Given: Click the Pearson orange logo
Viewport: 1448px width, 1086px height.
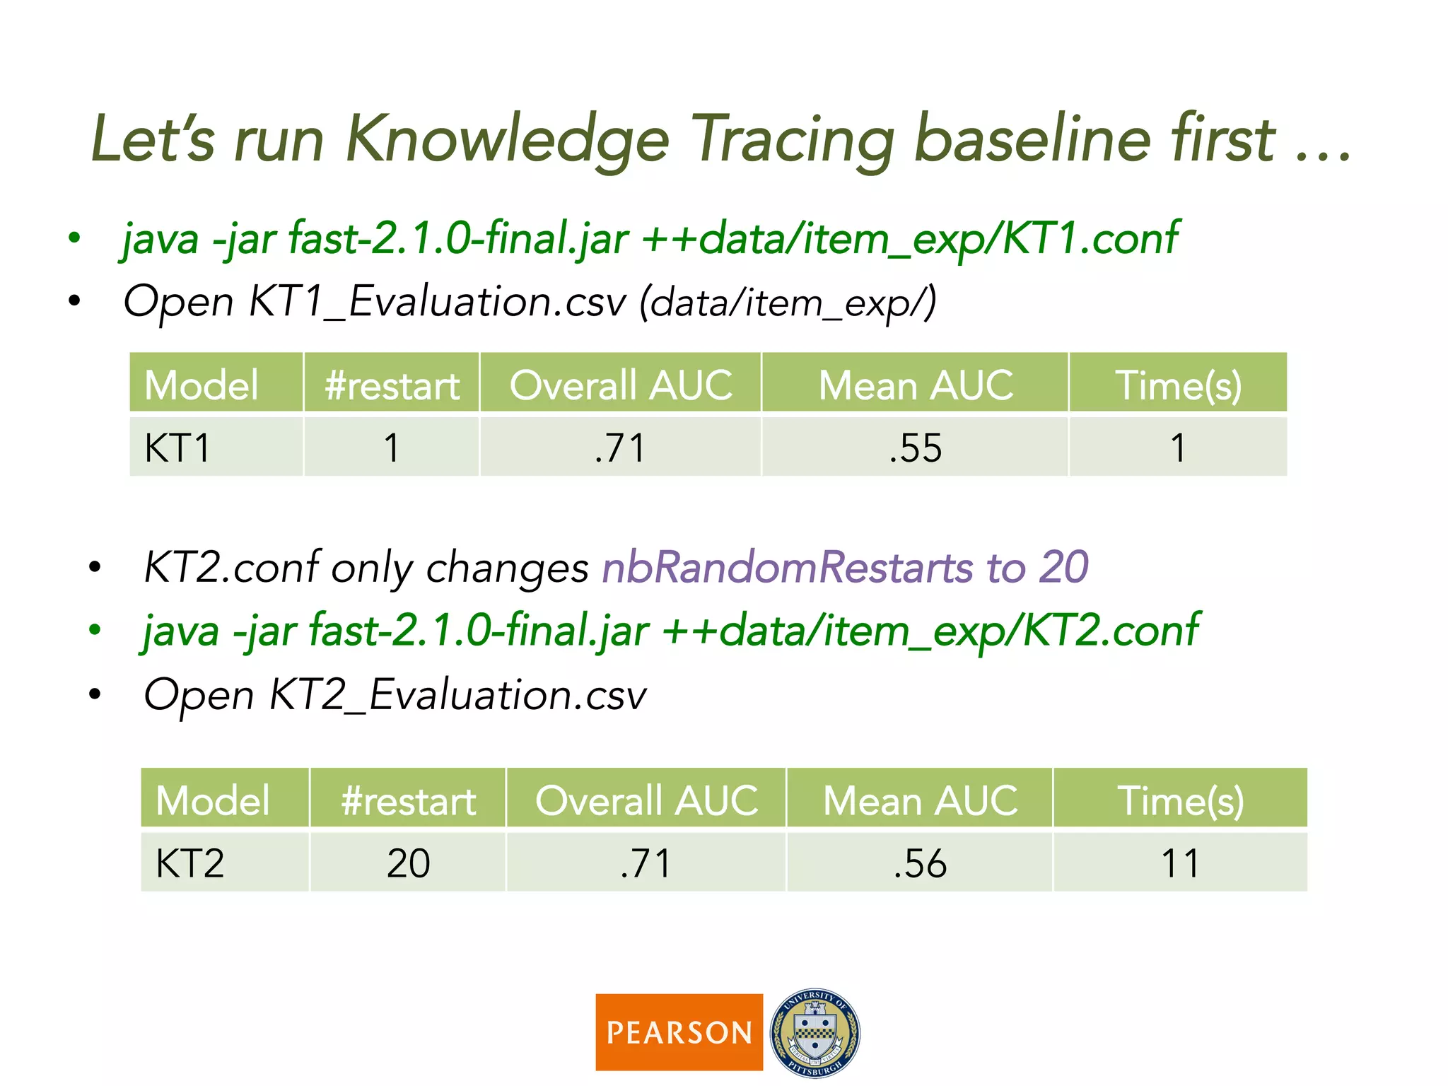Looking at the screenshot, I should point(679,1032).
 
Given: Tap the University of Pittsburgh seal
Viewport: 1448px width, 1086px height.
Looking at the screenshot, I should point(814,1032).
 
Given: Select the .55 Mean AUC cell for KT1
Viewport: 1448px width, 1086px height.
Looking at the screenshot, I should point(915,448).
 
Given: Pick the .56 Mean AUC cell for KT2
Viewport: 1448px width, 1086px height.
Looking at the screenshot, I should point(919,863).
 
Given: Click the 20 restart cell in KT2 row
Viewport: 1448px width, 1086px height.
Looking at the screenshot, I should point(408,863).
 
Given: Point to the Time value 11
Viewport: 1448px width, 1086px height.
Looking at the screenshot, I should point(1180,863).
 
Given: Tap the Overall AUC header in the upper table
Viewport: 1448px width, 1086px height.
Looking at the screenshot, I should point(621,385).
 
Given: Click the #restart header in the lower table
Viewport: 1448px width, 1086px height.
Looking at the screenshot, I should point(408,801).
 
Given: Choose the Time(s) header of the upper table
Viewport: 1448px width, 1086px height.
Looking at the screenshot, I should point(1178,385).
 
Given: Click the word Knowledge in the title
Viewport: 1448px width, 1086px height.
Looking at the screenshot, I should point(506,140).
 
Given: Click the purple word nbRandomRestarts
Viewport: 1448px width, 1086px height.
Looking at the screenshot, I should point(787,568).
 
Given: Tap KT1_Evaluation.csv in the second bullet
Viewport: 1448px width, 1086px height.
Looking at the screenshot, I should point(437,302).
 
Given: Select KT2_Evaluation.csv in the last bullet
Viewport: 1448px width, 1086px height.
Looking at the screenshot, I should point(457,695).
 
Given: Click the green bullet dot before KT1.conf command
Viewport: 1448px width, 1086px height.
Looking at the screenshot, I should point(74,238).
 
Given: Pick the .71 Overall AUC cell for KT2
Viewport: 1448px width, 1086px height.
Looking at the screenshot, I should point(646,863).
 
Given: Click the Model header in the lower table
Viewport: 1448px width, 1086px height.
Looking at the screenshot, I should point(212,801).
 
